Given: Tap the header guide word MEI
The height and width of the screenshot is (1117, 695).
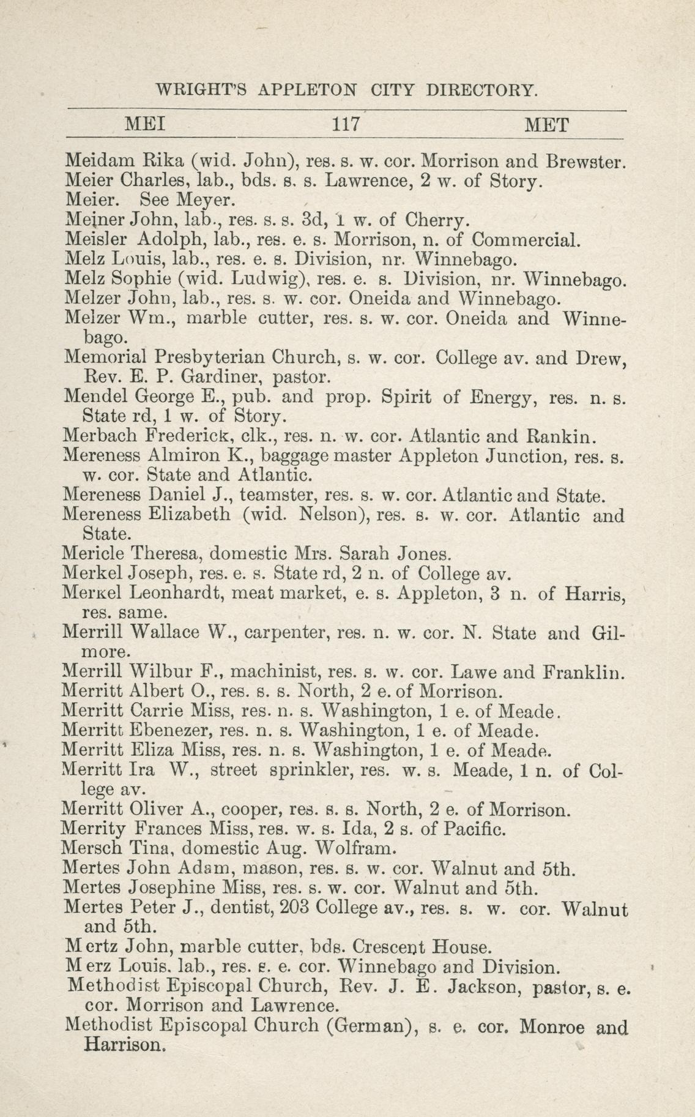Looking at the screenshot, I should pyautogui.click(x=144, y=125).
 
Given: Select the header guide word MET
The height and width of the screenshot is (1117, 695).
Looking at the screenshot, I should pyautogui.click(x=547, y=125).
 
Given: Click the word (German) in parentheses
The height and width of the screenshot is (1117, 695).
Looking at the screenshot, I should pyautogui.click(x=367, y=1025).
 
